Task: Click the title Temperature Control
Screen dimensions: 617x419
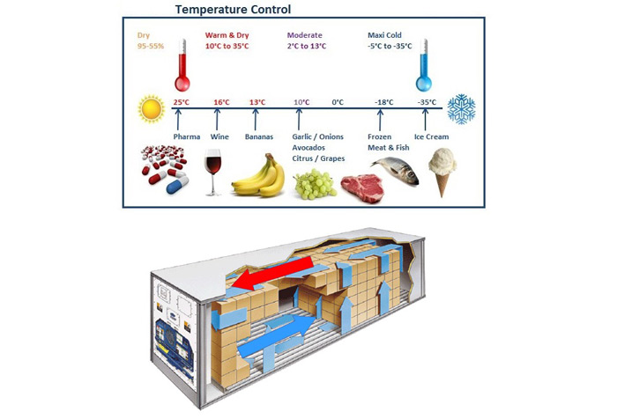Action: click(233, 10)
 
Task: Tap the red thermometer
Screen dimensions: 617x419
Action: click(182, 65)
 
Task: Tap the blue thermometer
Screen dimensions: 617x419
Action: click(424, 65)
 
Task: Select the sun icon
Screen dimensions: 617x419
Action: click(151, 109)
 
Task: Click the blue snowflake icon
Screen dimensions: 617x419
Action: click(461, 109)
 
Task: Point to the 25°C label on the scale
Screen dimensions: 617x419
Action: click(182, 102)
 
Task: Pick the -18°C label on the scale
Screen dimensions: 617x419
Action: click(384, 102)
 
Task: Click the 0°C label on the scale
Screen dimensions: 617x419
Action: click(338, 102)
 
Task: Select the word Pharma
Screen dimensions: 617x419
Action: click(187, 136)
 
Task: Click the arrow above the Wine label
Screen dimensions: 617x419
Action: click(217, 120)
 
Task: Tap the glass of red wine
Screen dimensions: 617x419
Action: click(213, 173)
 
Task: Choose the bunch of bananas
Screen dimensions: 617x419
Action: click(259, 175)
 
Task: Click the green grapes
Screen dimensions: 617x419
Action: click(315, 184)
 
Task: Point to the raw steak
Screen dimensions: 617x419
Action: click(362, 187)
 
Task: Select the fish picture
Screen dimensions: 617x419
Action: click(395, 170)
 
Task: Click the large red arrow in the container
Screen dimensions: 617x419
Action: click(272, 273)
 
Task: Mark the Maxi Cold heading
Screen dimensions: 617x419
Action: click(384, 35)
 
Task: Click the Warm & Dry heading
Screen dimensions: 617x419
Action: click(227, 35)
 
